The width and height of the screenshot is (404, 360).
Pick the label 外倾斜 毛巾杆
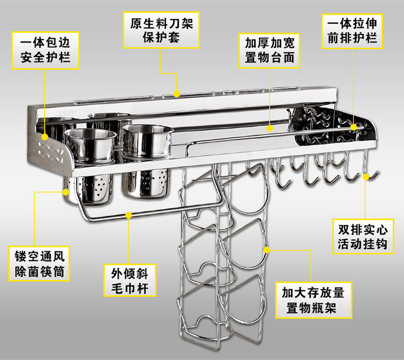[x=130, y=280]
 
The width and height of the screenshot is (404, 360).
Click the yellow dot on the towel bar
[x=129, y=216]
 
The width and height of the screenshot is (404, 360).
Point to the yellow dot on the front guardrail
[x=354, y=127]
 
